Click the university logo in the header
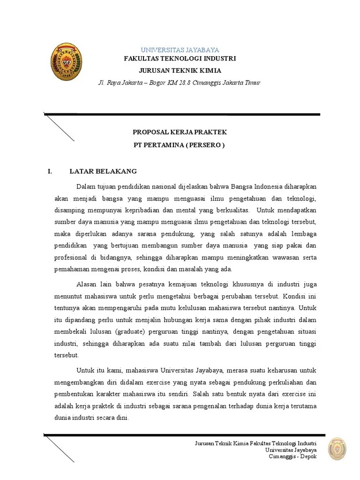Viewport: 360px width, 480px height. point(66,62)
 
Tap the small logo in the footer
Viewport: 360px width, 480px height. point(337,450)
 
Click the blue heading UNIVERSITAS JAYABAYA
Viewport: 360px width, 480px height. point(180,50)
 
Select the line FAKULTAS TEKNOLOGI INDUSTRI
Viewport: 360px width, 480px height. point(180,59)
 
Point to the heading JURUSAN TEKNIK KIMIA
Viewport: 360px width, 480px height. point(180,71)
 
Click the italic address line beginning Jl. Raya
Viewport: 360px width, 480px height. point(179,83)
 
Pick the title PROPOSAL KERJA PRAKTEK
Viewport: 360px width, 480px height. point(180,133)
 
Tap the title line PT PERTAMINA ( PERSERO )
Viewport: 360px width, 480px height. point(180,145)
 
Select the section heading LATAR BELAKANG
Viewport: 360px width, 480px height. point(103,172)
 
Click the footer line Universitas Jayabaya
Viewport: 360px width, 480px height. point(291,450)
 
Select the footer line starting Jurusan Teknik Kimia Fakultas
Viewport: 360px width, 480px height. point(255,443)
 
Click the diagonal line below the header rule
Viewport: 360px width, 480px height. point(59,127)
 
